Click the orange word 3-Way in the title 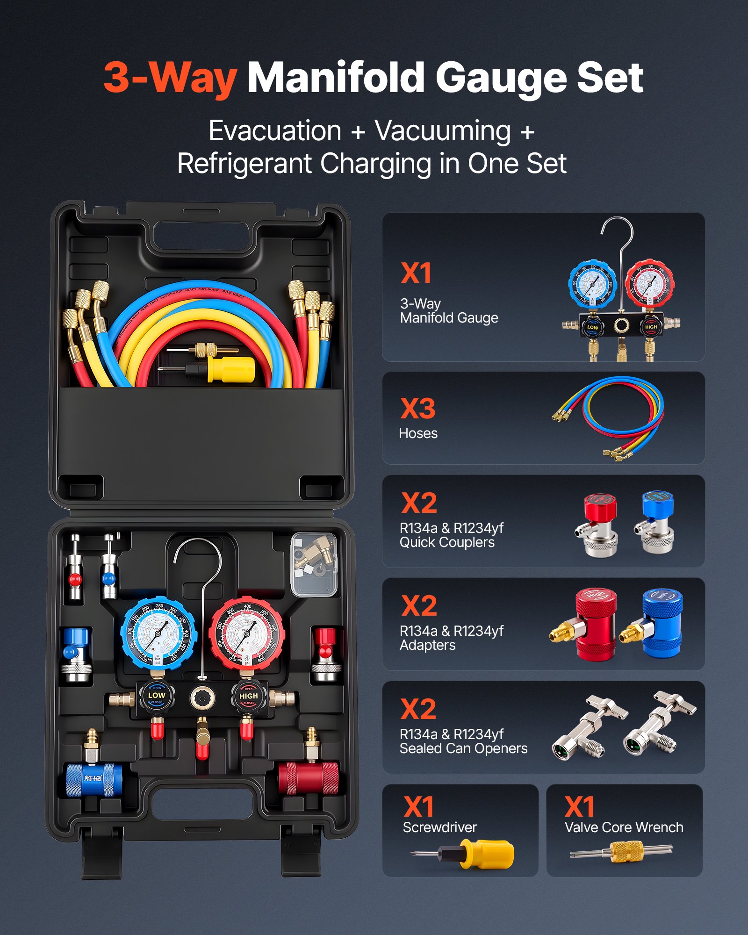pyautogui.click(x=170, y=78)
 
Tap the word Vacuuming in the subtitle pyautogui.click(x=443, y=131)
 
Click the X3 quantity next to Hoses pyautogui.click(x=418, y=409)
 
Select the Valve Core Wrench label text pyautogui.click(x=624, y=827)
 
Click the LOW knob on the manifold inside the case pyautogui.click(x=156, y=696)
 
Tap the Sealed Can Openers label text pyautogui.click(x=463, y=748)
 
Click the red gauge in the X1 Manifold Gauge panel pyautogui.click(x=649, y=284)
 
